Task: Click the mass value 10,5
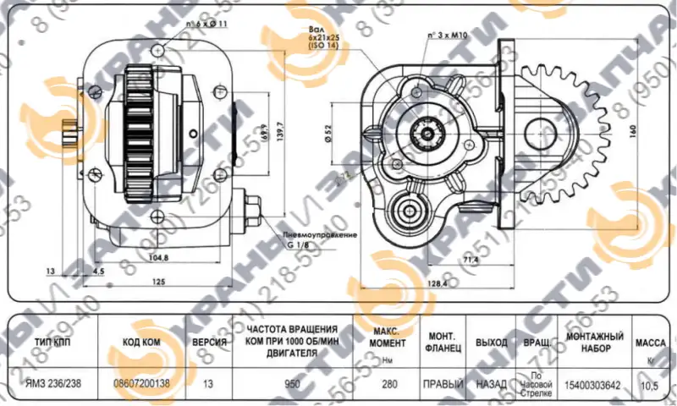pyautogui.click(x=647, y=386)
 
